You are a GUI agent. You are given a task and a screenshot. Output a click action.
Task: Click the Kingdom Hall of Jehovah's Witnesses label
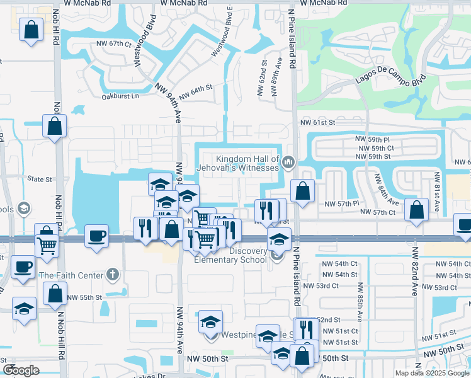click(247, 163)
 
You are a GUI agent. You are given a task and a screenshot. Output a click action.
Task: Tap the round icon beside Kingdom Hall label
click(289, 163)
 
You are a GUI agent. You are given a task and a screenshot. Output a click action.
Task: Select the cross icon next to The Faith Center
click(112, 274)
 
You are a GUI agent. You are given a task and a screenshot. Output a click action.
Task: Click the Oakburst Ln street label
click(119, 97)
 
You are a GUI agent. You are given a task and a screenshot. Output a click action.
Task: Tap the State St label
click(40, 180)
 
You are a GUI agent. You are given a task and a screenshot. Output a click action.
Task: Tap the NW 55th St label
click(84, 297)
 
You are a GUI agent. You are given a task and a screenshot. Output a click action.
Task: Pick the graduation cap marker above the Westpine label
click(210, 322)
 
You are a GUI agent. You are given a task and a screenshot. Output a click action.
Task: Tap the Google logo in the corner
click(21, 370)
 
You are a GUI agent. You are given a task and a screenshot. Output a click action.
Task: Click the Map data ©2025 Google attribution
click(431, 373)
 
